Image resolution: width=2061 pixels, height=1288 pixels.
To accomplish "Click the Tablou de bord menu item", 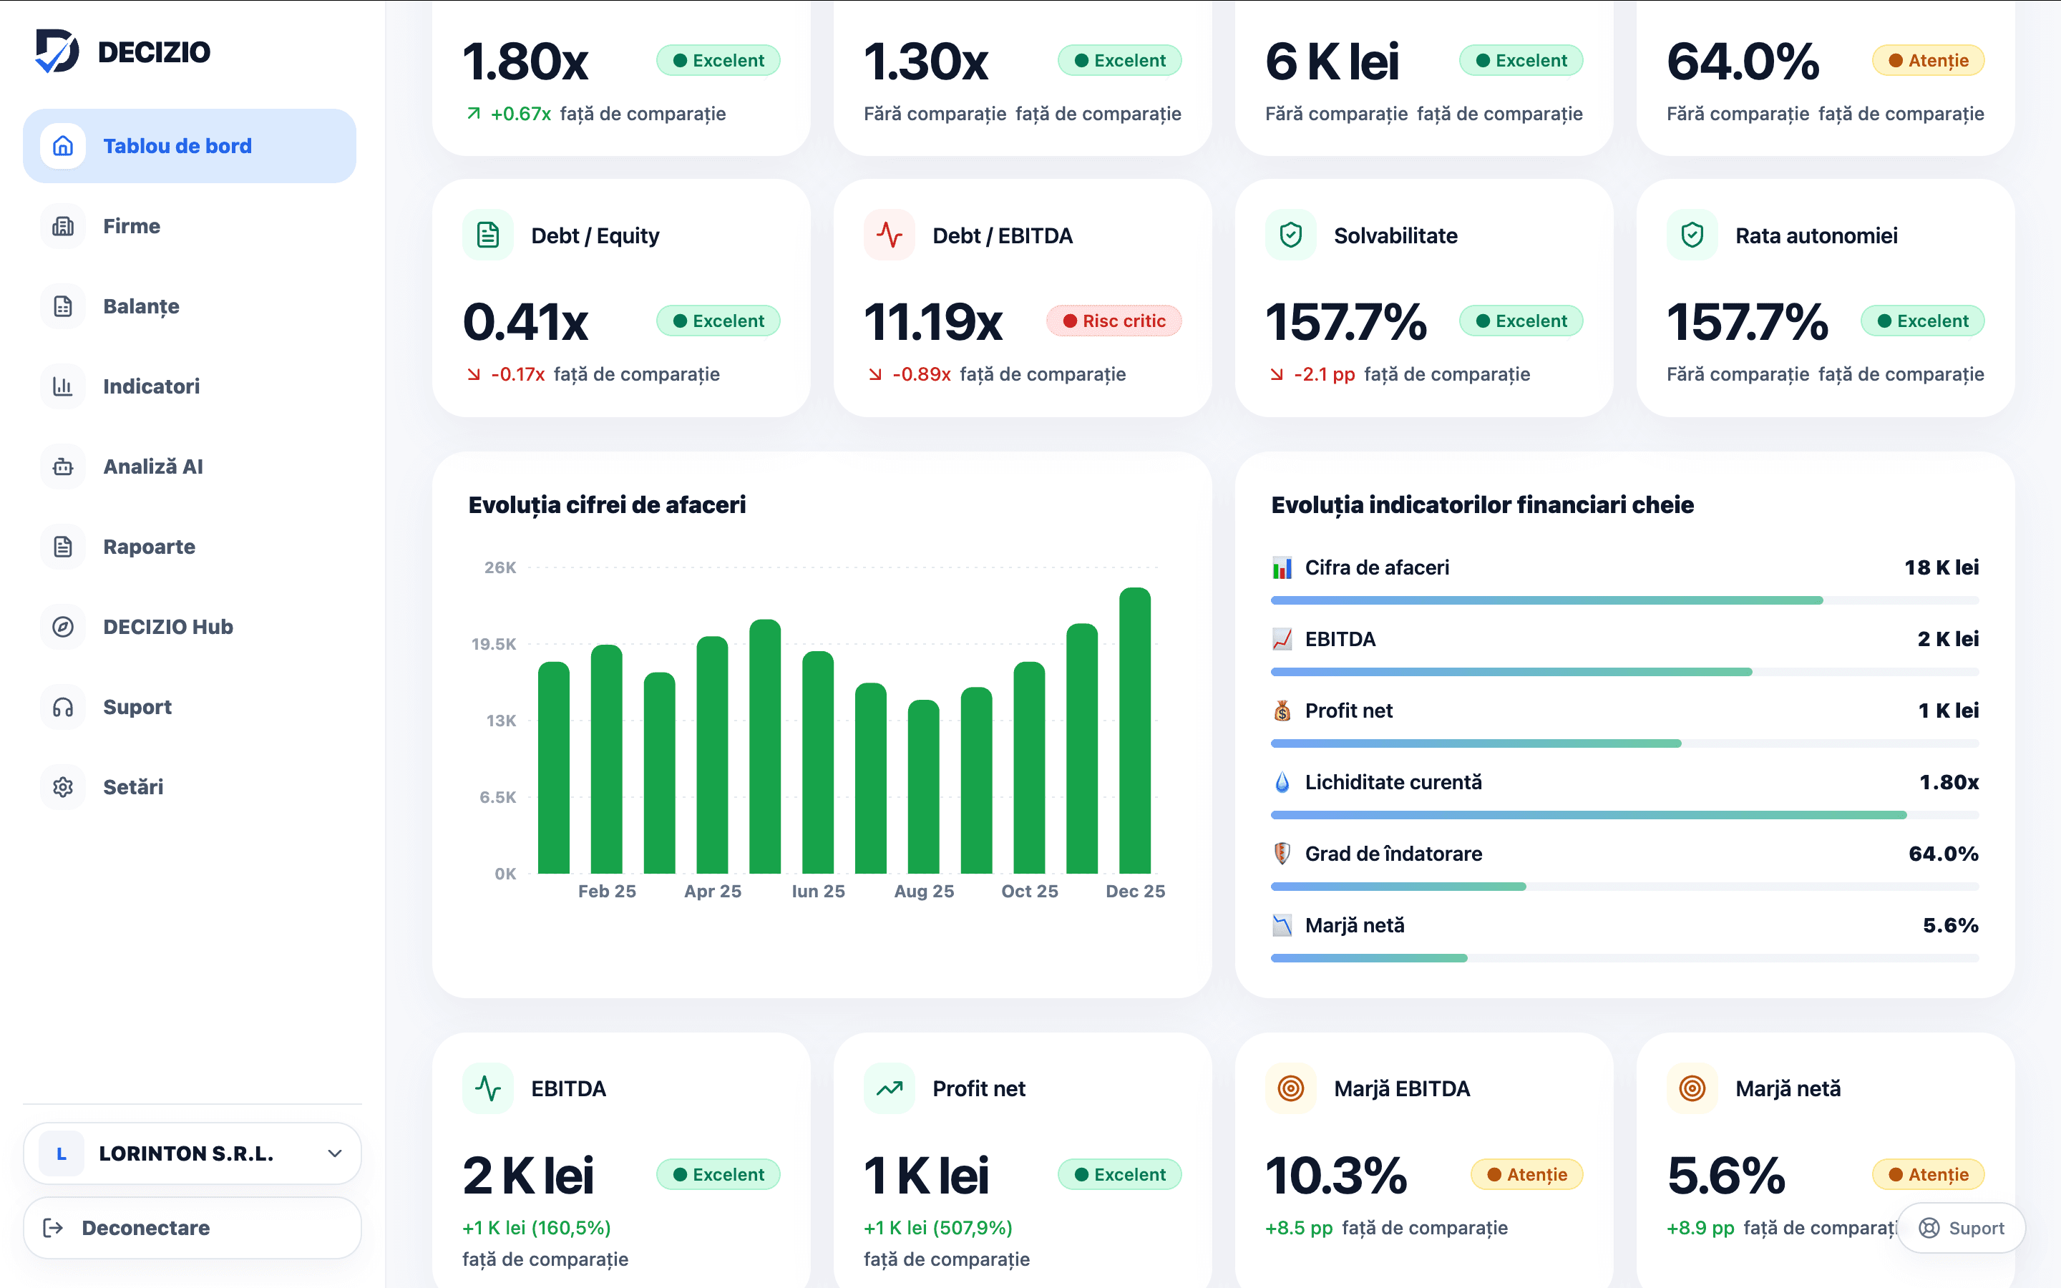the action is click(x=189, y=146).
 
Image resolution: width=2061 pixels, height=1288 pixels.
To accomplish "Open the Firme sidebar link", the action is click(x=131, y=225).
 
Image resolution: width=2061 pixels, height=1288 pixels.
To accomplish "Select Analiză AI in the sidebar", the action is click(x=152, y=467).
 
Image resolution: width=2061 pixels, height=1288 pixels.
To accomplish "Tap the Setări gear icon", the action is click(x=63, y=787).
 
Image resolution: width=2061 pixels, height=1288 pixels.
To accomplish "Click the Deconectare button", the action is click(x=193, y=1227).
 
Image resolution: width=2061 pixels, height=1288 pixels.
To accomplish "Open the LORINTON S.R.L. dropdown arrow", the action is click(x=335, y=1153).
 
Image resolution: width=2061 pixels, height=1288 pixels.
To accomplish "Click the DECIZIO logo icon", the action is click(x=57, y=51).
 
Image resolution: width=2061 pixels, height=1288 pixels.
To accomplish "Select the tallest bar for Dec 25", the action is click(x=1134, y=730).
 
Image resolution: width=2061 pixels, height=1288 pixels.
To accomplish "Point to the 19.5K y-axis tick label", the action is click(x=493, y=644).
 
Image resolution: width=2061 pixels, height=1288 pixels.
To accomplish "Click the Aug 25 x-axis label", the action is click(x=924, y=891).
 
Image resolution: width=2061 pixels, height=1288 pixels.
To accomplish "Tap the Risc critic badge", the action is click(x=1114, y=321).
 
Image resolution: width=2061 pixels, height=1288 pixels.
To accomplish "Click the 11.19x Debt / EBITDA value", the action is click(x=933, y=322).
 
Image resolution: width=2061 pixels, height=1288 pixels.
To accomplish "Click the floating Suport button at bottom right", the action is click(x=1962, y=1227).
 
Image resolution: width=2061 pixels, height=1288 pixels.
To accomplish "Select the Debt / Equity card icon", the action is click(x=488, y=235).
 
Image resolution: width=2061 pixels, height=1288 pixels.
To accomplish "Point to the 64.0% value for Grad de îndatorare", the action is click(x=1944, y=854).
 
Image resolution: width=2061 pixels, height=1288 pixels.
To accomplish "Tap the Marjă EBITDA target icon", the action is click(x=1291, y=1088).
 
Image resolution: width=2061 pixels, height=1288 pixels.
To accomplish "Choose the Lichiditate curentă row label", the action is click(x=1393, y=782).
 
